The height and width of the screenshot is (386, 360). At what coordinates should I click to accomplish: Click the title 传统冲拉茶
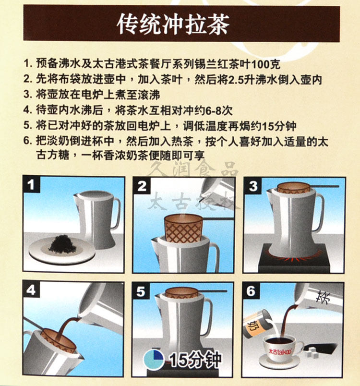[x=173, y=24]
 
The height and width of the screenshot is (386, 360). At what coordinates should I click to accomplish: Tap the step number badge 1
[x=31, y=184]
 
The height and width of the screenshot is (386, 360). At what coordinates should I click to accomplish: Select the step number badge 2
[x=142, y=186]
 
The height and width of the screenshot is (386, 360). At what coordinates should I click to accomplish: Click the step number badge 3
[x=252, y=186]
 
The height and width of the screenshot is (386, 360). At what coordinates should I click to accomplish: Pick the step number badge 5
[x=141, y=291]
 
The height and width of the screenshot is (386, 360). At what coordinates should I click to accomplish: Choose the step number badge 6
[x=251, y=291]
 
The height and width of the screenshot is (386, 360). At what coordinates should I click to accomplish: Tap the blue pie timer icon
[x=154, y=358]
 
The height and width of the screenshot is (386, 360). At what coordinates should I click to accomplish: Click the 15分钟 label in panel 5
[x=195, y=359]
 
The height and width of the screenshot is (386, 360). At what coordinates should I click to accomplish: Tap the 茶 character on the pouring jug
[x=323, y=297]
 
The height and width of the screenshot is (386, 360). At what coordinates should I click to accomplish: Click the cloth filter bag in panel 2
[x=183, y=228]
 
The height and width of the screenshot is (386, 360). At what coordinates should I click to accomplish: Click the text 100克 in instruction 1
[x=265, y=64]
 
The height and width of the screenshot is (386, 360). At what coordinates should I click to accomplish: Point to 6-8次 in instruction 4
[x=218, y=110]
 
